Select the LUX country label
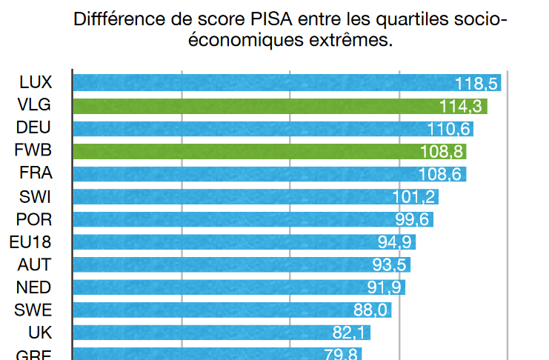[36, 82]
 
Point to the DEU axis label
[34, 128]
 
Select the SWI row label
[35, 197]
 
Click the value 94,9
[393, 243]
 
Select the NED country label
[35, 287]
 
